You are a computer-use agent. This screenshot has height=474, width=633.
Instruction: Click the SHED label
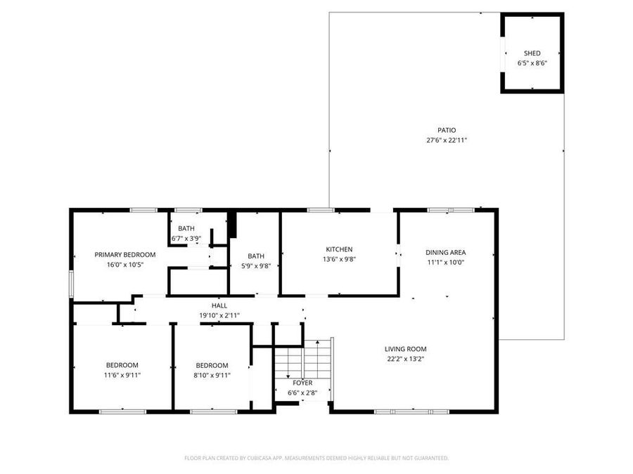pyautogui.click(x=532, y=53)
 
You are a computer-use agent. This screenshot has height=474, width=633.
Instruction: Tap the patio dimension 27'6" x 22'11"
pyautogui.click(x=447, y=140)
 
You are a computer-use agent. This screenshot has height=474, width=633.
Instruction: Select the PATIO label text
pyautogui.click(x=447, y=130)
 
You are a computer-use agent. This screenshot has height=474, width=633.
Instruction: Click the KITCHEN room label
pyautogui.click(x=339, y=249)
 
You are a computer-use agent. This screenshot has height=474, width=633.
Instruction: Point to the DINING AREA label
pyautogui.click(x=445, y=252)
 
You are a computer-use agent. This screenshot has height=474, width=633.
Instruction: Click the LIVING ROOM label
pyautogui.click(x=405, y=349)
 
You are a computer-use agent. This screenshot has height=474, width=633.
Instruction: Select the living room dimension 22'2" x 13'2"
pyautogui.click(x=405, y=359)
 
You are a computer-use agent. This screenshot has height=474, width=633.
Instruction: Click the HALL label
pyautogui.click(x=219, y=306)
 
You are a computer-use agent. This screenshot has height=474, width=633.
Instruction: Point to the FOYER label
pyautogui.click(x=302, y=383)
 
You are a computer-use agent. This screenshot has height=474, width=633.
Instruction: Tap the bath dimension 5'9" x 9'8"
pyautogui.click(x=256, y=265)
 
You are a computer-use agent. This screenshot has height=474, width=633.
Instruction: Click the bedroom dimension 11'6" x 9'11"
pyautogui.click(x=122, y=375)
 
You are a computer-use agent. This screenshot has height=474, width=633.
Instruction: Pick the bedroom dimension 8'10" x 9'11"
pyautogui.click(x=212, y=375)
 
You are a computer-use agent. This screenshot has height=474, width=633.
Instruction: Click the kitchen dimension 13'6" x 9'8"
pyautogui.click(x=339, y=259)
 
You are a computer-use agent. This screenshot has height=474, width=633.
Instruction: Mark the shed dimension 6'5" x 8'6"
pyautogui.click(x=532, y=63)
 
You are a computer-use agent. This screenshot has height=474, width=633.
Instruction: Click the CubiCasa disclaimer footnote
pyautogui.click(x=316, y=458)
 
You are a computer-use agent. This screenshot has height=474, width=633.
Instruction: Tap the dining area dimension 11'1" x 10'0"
pyautogui.click(x=445, y=262)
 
